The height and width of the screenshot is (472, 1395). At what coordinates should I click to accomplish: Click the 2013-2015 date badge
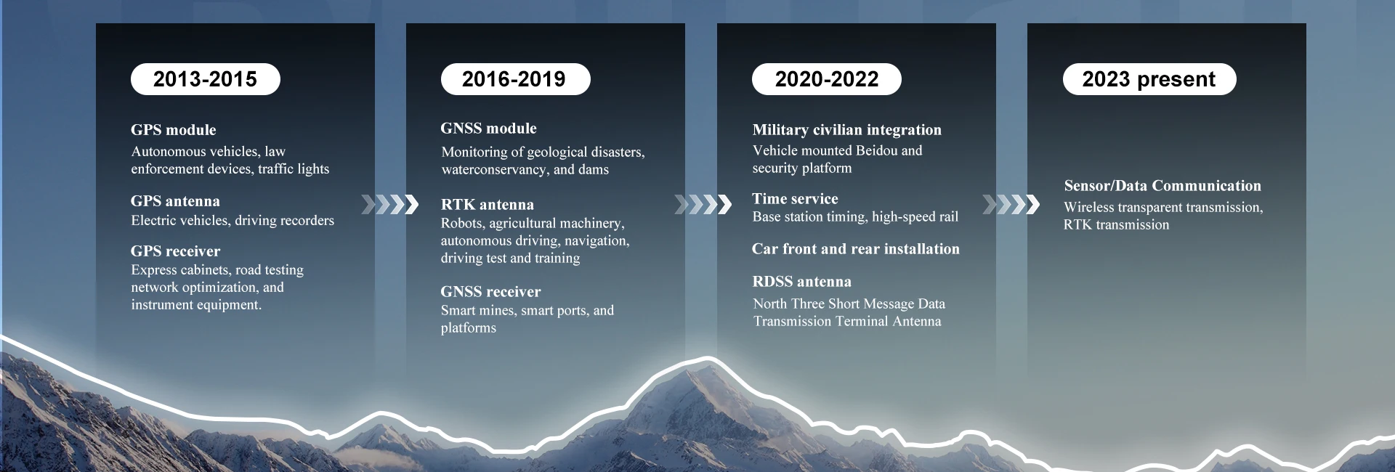(206, 79)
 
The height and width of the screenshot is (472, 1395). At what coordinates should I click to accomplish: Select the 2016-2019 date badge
(515, 79)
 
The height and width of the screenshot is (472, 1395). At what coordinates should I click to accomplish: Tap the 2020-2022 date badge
(826, 79)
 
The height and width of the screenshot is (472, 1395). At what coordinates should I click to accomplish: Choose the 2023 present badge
(1149, 79)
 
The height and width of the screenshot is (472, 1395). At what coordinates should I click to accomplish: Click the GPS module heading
(174, 130)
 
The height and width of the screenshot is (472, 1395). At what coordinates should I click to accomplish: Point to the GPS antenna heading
(175, 201)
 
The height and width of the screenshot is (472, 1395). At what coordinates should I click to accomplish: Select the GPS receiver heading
(175, 251)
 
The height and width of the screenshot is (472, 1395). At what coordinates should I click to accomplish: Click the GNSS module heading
(488, 129)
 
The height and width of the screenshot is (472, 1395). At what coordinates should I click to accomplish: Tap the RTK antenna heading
(487, 205)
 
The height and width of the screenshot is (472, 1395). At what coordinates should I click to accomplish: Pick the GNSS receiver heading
(490, 292)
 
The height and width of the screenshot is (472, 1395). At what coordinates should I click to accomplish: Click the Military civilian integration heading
(846, 130)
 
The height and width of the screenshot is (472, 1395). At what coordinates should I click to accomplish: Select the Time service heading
(795, 199)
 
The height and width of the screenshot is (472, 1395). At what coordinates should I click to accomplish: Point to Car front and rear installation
(855, 249)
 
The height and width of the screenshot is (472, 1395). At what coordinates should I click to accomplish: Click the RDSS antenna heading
(801, 282)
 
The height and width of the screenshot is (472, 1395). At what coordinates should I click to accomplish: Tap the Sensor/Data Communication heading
(1162, 186)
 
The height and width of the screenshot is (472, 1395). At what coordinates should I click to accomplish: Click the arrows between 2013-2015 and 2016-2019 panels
(390, 205)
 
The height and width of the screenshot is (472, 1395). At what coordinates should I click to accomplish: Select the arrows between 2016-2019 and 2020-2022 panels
(703, 205)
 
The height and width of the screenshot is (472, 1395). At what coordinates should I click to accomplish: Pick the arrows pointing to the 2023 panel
(1011, 205)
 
